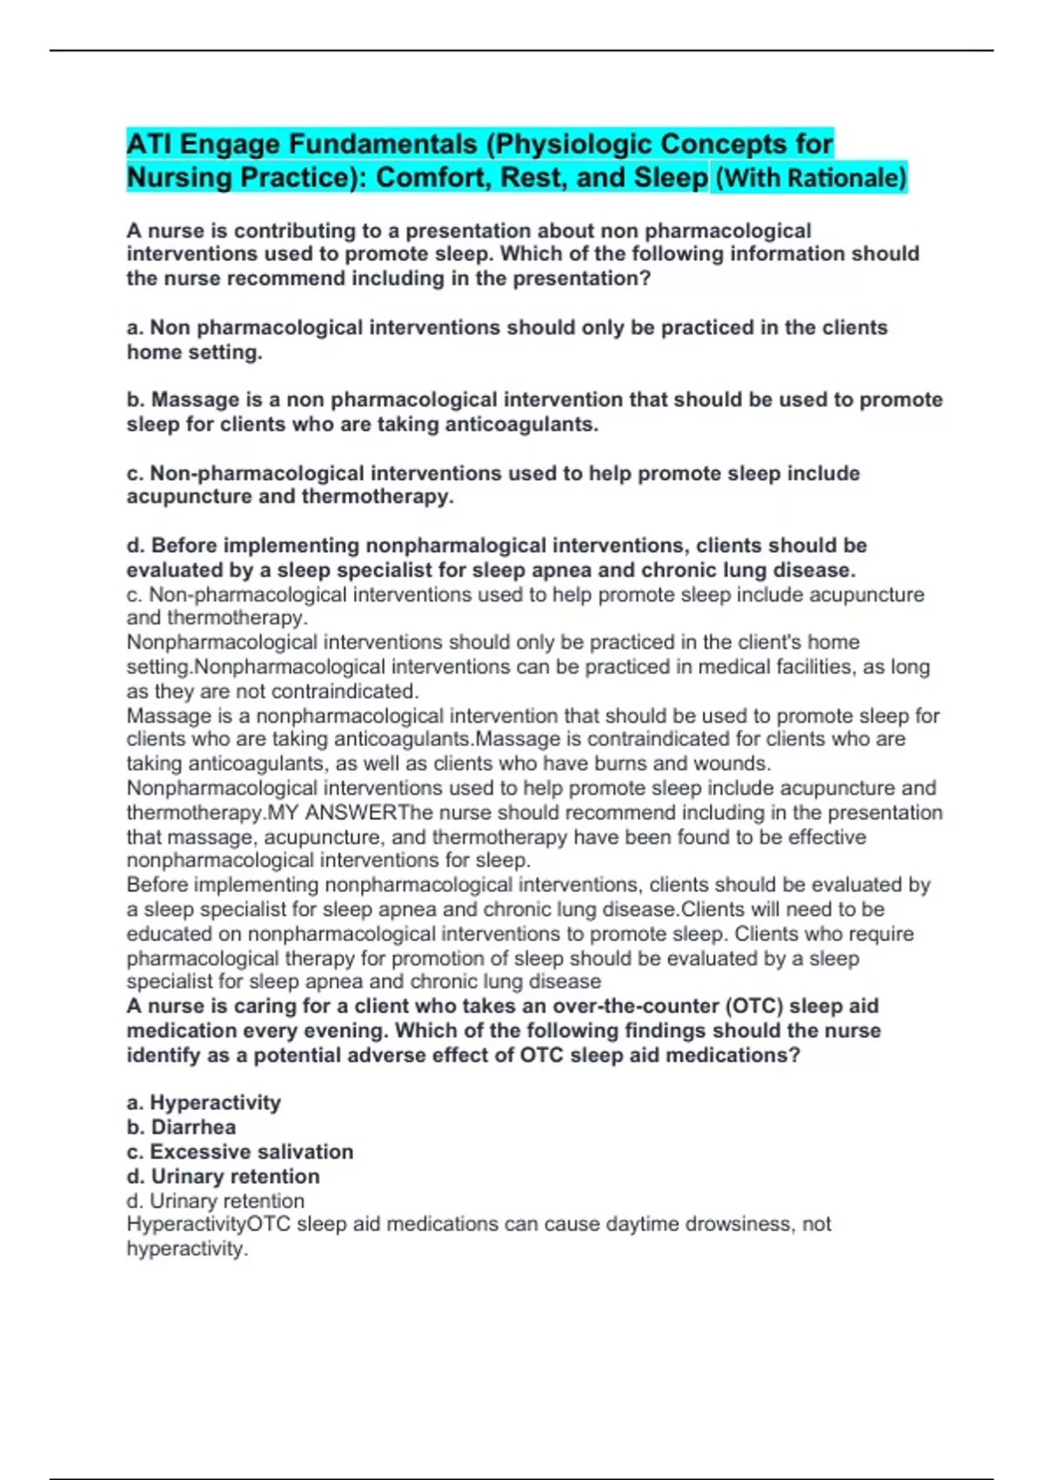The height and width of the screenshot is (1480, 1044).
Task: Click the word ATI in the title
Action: pyautogui.click(x=149, y=144)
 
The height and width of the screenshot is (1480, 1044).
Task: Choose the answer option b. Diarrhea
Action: pyautogui.click(x=181, y=1127)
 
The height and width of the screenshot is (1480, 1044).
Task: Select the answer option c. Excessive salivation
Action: pyautogui.click(x=239, y=1152)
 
